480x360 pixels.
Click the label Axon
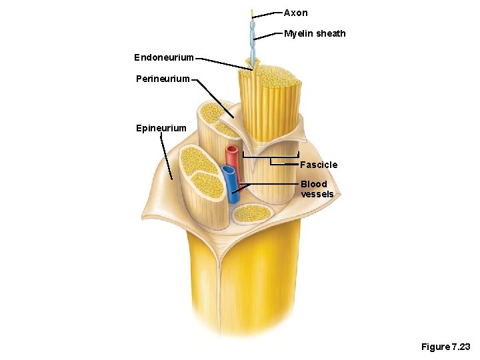295,13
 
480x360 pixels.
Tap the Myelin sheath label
315,33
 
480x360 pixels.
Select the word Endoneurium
164,58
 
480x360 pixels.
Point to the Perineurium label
163,79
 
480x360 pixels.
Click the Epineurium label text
161,128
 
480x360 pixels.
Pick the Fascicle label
319,165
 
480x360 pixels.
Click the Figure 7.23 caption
445,347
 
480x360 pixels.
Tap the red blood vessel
232,157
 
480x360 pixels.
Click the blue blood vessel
230,183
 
